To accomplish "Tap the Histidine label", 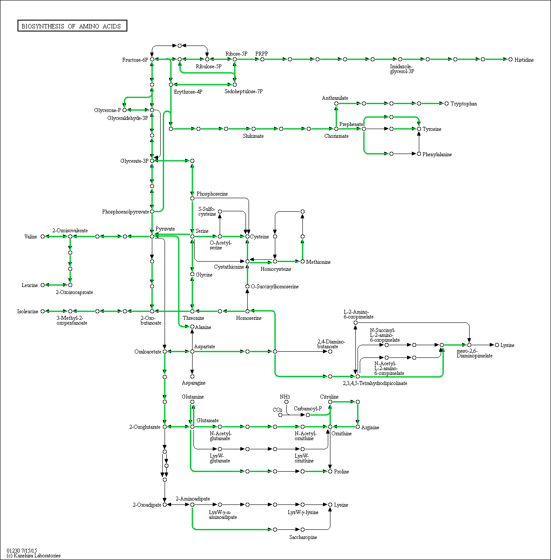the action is [524, 60].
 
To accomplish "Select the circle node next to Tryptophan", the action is [446, 103].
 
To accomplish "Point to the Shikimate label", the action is [253, 136].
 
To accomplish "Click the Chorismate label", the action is [337, 136].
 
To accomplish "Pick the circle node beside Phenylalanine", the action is [419, 154].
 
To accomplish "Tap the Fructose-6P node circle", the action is [152, 59].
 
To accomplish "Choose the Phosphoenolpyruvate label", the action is [125, 212].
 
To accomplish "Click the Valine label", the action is [31, 237].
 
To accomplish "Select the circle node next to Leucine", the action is [43, 285].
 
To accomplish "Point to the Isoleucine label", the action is [28, 311].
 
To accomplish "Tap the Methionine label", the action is [318, 262].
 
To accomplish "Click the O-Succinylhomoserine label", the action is [275, 287].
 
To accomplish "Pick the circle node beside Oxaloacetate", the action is [165, 352].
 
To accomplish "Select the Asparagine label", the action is [193, 383].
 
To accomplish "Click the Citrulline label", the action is [329, 397].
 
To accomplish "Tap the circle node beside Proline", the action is [330, 471].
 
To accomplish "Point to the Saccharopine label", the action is [303, 537].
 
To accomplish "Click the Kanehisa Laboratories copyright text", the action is [33, 556].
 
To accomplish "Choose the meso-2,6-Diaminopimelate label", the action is [474, 353].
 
